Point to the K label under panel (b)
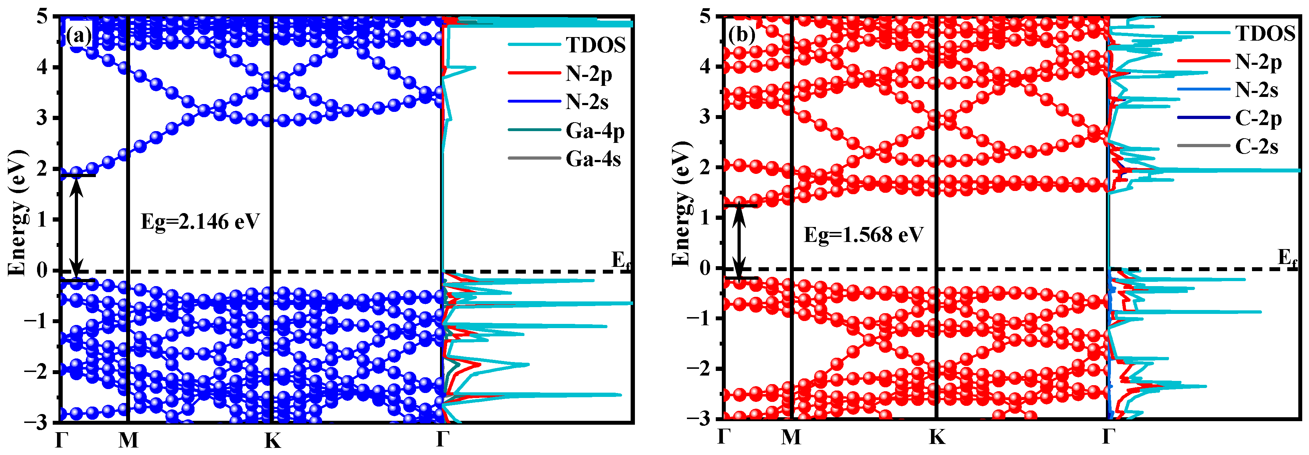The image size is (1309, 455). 937,437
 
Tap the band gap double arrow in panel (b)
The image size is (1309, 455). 739,242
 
